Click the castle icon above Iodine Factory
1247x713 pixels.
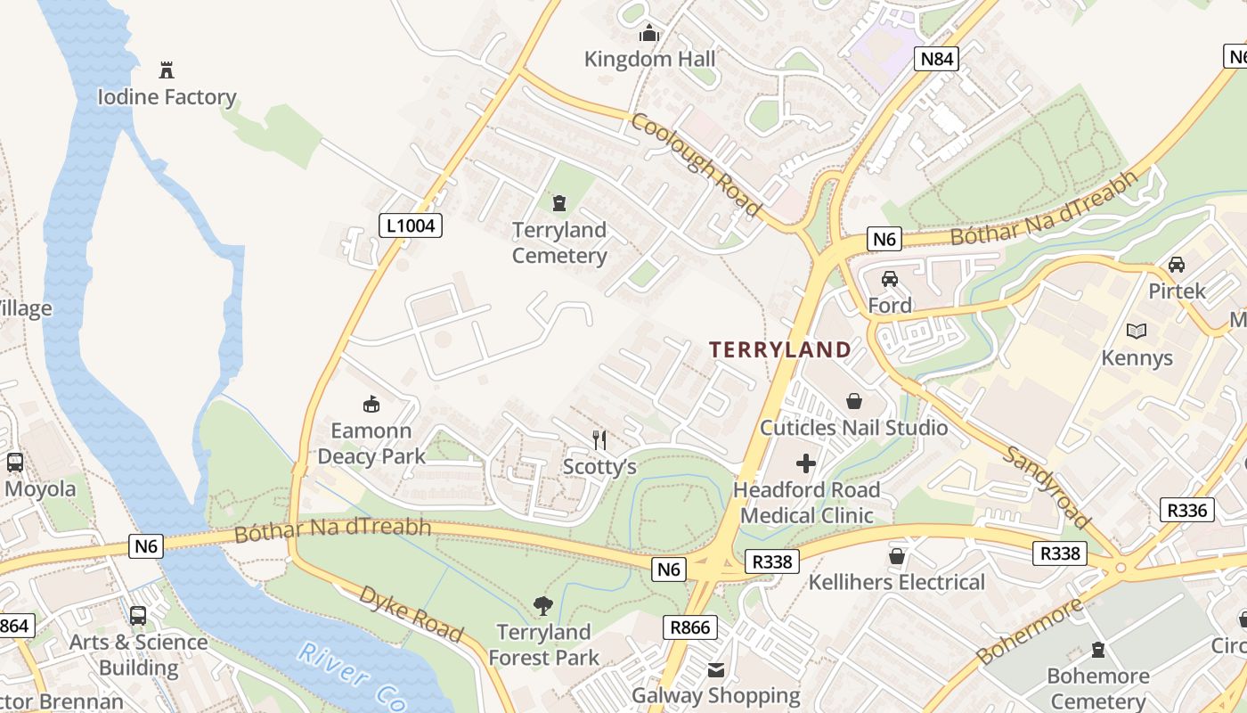[x=166, y=70]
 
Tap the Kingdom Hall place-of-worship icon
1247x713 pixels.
[x=649, y=34]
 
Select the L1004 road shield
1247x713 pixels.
[x=411, y=225]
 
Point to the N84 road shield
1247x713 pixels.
[x=937, y=60]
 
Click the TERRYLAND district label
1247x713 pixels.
[x=780, y=349]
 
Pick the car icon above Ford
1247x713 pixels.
[x=889, y=279]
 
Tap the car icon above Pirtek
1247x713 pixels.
[x=1176, y=265]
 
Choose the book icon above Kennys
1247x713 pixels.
[x=1137, y=332]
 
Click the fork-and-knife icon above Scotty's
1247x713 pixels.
[x=599, y=439]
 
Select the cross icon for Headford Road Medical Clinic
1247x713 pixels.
[x=806, y=463]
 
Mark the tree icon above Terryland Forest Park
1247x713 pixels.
[x=542, y=606]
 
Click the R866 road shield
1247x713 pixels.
[x=690, y=627]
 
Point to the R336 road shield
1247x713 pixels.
[x=1187, y=510]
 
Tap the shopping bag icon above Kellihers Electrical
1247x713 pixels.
[x=896, y=556]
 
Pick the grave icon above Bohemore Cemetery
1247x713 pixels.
[x=1097, y=650]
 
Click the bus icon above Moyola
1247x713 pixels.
[x=15, y=463]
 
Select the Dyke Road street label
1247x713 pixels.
[x=411, y=613]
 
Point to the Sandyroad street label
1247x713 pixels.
[x=1047, y=486]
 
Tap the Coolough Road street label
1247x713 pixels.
[x=696, y=164]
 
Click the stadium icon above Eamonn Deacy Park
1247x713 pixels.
[x=371, y=405]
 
